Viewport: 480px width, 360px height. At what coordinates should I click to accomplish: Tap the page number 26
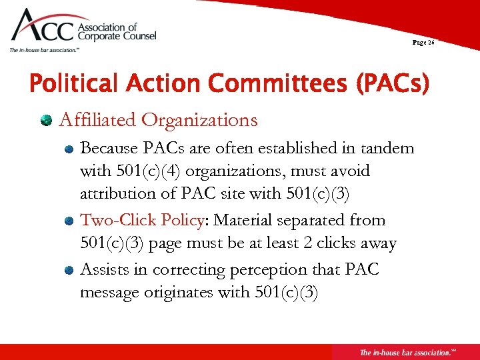(x=423, y=42)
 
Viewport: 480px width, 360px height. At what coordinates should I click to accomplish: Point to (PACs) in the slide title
(x=393, y=85)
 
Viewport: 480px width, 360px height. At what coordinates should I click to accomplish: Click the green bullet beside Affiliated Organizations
(x=47, y=121)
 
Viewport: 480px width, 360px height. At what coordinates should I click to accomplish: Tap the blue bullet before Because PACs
(x=69, y=149)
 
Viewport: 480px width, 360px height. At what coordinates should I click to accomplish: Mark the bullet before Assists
(x=69, y=270)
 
